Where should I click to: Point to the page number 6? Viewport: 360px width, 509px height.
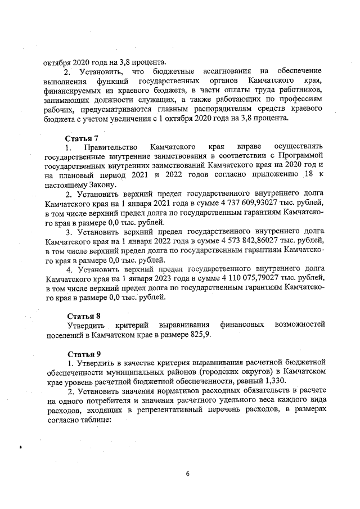tap(188, 473)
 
